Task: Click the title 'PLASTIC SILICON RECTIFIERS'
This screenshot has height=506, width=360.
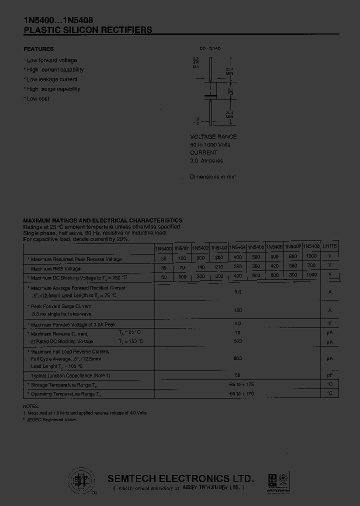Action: point(88,30)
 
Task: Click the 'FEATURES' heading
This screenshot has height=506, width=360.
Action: point(38,49)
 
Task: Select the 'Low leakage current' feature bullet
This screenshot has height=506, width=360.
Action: point(51,79)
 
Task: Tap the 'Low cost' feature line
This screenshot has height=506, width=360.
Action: point(37,98)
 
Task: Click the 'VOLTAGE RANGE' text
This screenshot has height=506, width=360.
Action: point(213,136)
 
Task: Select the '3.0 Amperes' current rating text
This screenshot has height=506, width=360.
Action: point(206,160)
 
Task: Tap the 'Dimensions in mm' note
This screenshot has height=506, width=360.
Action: point(212,176)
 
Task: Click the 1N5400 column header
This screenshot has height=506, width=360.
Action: point(163,248)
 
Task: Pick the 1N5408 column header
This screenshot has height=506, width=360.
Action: point(311,246)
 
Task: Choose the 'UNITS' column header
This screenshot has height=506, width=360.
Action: point(329,246)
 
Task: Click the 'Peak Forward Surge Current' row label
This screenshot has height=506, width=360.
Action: point(61,306)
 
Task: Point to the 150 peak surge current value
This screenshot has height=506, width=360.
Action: point(237,310)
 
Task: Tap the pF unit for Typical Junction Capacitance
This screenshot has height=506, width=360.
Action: point(329,374)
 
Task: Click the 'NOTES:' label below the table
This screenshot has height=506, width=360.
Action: point(30,406)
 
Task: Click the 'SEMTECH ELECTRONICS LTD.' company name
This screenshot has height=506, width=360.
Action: point(181,478)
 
